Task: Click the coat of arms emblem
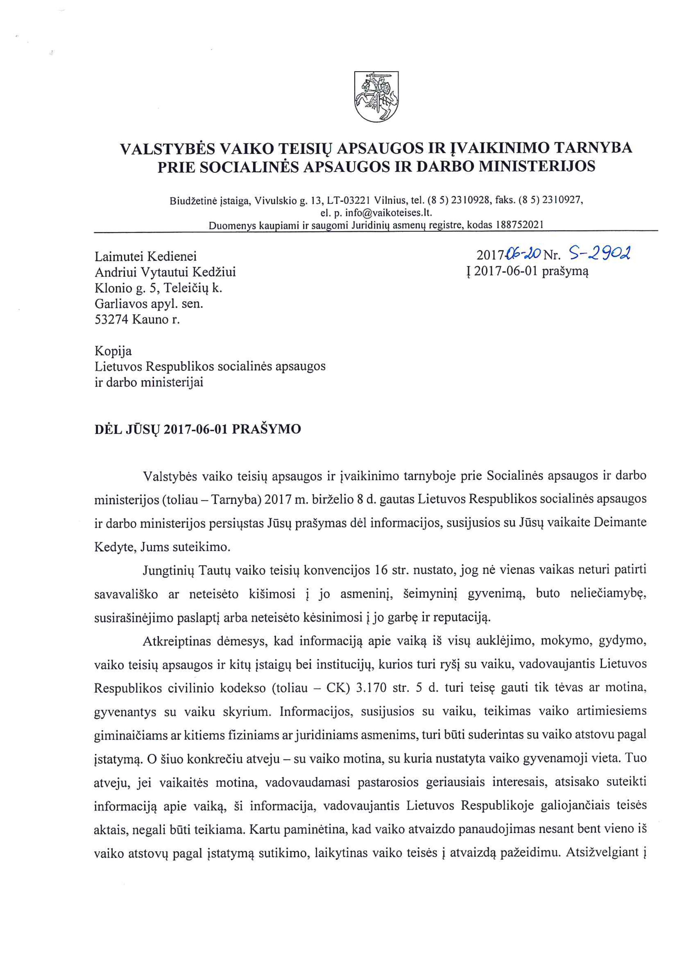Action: (x=376, y=96)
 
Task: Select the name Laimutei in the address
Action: (x=116, y=256)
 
